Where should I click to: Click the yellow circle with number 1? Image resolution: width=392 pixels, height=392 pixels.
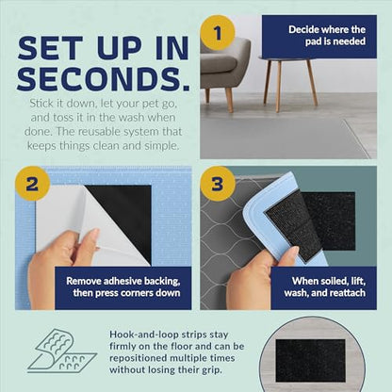218,33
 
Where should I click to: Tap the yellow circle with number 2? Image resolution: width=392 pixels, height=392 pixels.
33,184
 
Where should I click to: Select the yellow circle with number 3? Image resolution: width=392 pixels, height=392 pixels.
218,184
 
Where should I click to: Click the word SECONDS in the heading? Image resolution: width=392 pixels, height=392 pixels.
104,79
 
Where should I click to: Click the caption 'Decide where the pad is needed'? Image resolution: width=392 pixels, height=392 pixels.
327,36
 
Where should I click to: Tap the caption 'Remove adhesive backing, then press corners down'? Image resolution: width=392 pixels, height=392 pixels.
123,286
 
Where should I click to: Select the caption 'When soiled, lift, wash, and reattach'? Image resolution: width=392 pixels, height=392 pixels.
325,286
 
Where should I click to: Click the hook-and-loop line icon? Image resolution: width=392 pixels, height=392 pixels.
62,351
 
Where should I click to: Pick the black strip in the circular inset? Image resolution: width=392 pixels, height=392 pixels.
310,360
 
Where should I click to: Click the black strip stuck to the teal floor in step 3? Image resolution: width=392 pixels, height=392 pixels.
331,221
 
